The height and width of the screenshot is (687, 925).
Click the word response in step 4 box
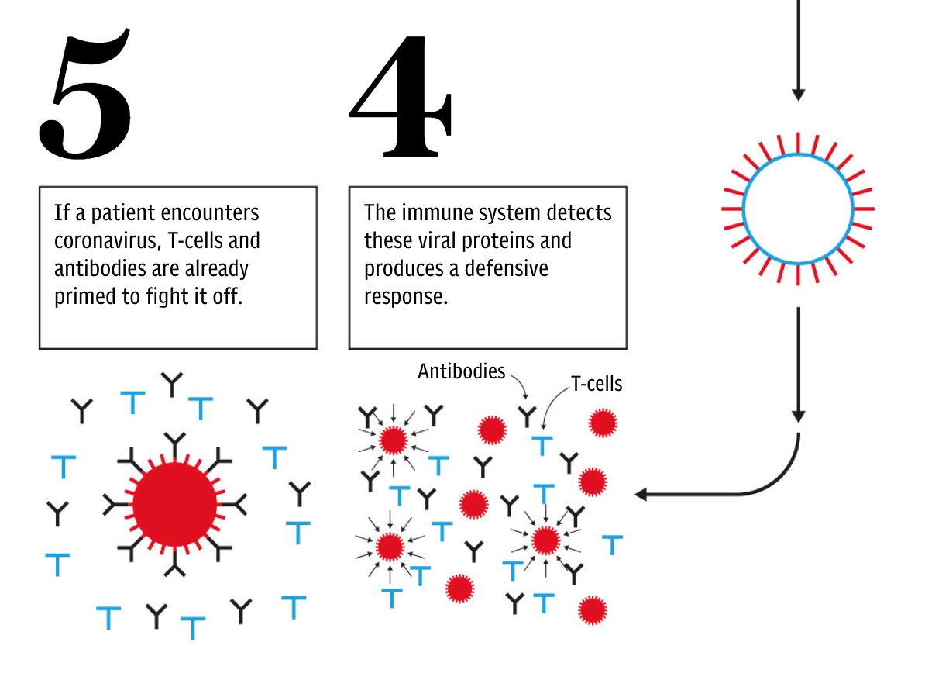[x=404, y=297]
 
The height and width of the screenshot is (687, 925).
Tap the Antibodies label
[x=461, y=371]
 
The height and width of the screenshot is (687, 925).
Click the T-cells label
[x=596, y=384]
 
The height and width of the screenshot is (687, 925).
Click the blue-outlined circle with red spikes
[x=797, y=209]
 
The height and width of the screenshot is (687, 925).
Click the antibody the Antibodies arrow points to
[x=527, y=416]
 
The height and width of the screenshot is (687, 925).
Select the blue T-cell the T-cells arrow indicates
[x=543, y=445]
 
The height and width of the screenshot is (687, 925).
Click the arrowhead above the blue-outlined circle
[x=798, y=94]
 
